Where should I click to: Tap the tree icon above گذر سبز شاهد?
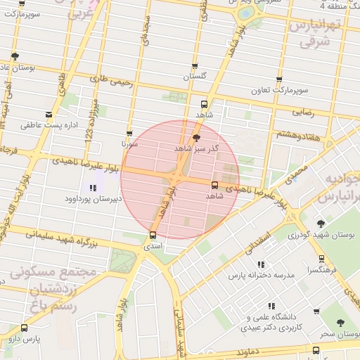coord(195,138)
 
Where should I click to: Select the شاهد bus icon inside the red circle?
coord(214,186)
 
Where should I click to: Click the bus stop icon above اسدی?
coord(153,236)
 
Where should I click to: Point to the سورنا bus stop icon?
coord(129,133)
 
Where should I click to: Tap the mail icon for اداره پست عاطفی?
coord(49,114)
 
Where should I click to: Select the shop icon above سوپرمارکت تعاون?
coord(279,80)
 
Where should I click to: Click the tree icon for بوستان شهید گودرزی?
coord(322,223)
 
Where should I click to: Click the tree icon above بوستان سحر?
coord(341,323)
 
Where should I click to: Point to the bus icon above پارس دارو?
coord(25,328)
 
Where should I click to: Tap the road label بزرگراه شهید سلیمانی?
coord(70,243)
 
